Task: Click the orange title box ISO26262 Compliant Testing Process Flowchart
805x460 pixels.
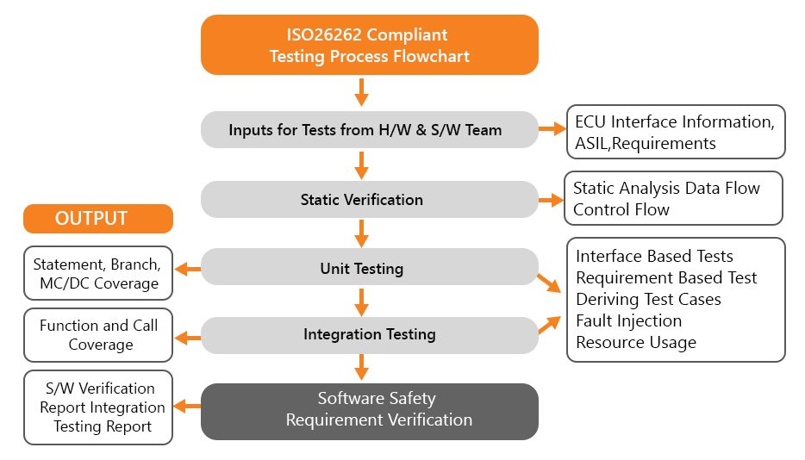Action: click(x=369, y=46)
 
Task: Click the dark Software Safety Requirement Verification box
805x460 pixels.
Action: click(x=369, y=410)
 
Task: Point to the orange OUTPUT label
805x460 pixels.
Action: click(x=97, y=219)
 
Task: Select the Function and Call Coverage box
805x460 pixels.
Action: click(x=97, y=335)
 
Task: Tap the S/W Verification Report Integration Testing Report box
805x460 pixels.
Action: click(x=97, y=407)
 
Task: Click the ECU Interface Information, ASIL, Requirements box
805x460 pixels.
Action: click(x=675, y=132)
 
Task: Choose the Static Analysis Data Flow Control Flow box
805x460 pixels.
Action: click(x=673, y=198)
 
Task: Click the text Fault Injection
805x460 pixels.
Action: click(x=628, y=320)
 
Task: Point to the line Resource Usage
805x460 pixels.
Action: click(x=635, y=342)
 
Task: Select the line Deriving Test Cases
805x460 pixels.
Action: click(x=648, y=299)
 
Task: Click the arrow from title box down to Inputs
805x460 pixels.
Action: click(x=362, y=91)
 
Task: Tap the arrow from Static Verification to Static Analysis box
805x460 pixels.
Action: click(x=549, y=200)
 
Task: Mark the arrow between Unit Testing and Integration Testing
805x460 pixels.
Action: click(x=362, y=301)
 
